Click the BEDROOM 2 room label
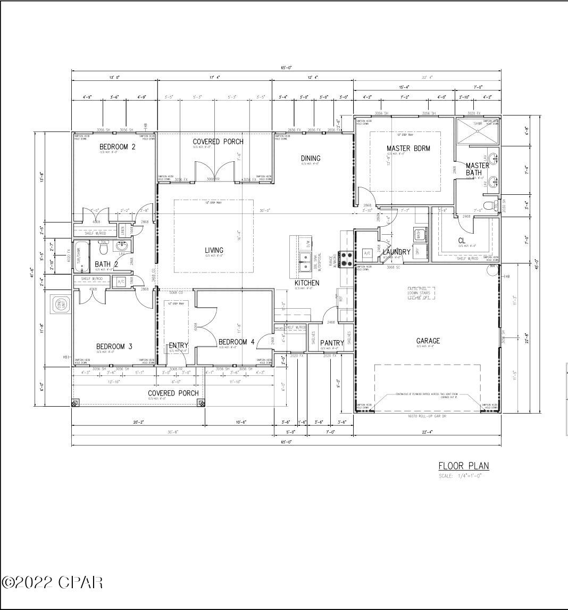pos(117,147)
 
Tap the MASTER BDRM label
pos(408,149)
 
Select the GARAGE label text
pos(428,341)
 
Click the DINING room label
pos(311,158)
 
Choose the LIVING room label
pos(214,250)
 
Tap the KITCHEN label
pos(307,283)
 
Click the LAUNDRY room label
pos(396,252)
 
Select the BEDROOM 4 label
pos(237,342)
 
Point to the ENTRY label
pos(179,345)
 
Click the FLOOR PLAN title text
pos(463,466)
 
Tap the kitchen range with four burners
pos(346,259)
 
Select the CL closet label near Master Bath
pos(462,241)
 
